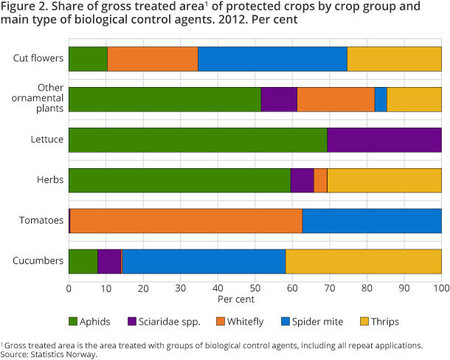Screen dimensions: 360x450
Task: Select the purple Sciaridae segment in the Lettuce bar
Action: [384, 139]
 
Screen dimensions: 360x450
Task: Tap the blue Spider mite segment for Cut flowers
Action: [272, 58]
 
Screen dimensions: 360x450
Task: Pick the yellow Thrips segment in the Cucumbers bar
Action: [363, 261]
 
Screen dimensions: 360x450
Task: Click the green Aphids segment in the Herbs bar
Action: [179, 180]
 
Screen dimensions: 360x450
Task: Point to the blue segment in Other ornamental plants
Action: [381, 99]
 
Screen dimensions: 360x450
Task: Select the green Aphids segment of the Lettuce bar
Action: [198, 139]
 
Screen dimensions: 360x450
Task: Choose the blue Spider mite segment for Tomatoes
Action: [372, 221]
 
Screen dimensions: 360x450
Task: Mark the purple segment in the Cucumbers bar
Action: [109, 261]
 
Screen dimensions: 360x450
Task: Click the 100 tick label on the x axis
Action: [440, 288]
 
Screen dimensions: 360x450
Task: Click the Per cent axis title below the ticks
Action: [236, 300]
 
